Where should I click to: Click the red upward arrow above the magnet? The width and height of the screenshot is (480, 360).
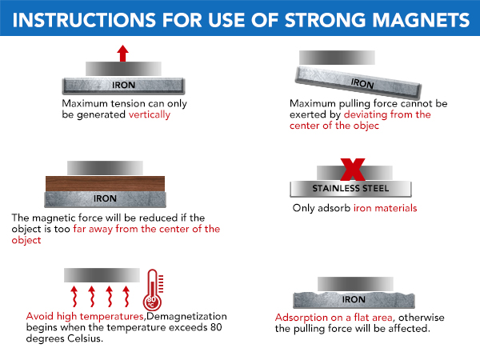(x=122, y=54)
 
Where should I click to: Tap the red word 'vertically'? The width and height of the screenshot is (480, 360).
(x=150, y=114)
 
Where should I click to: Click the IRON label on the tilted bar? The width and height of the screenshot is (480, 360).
(x=362, y=83)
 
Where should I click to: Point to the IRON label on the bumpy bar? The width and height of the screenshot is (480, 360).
(x=354, y=299)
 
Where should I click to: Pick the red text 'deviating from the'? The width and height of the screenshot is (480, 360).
(x=388, y=114)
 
